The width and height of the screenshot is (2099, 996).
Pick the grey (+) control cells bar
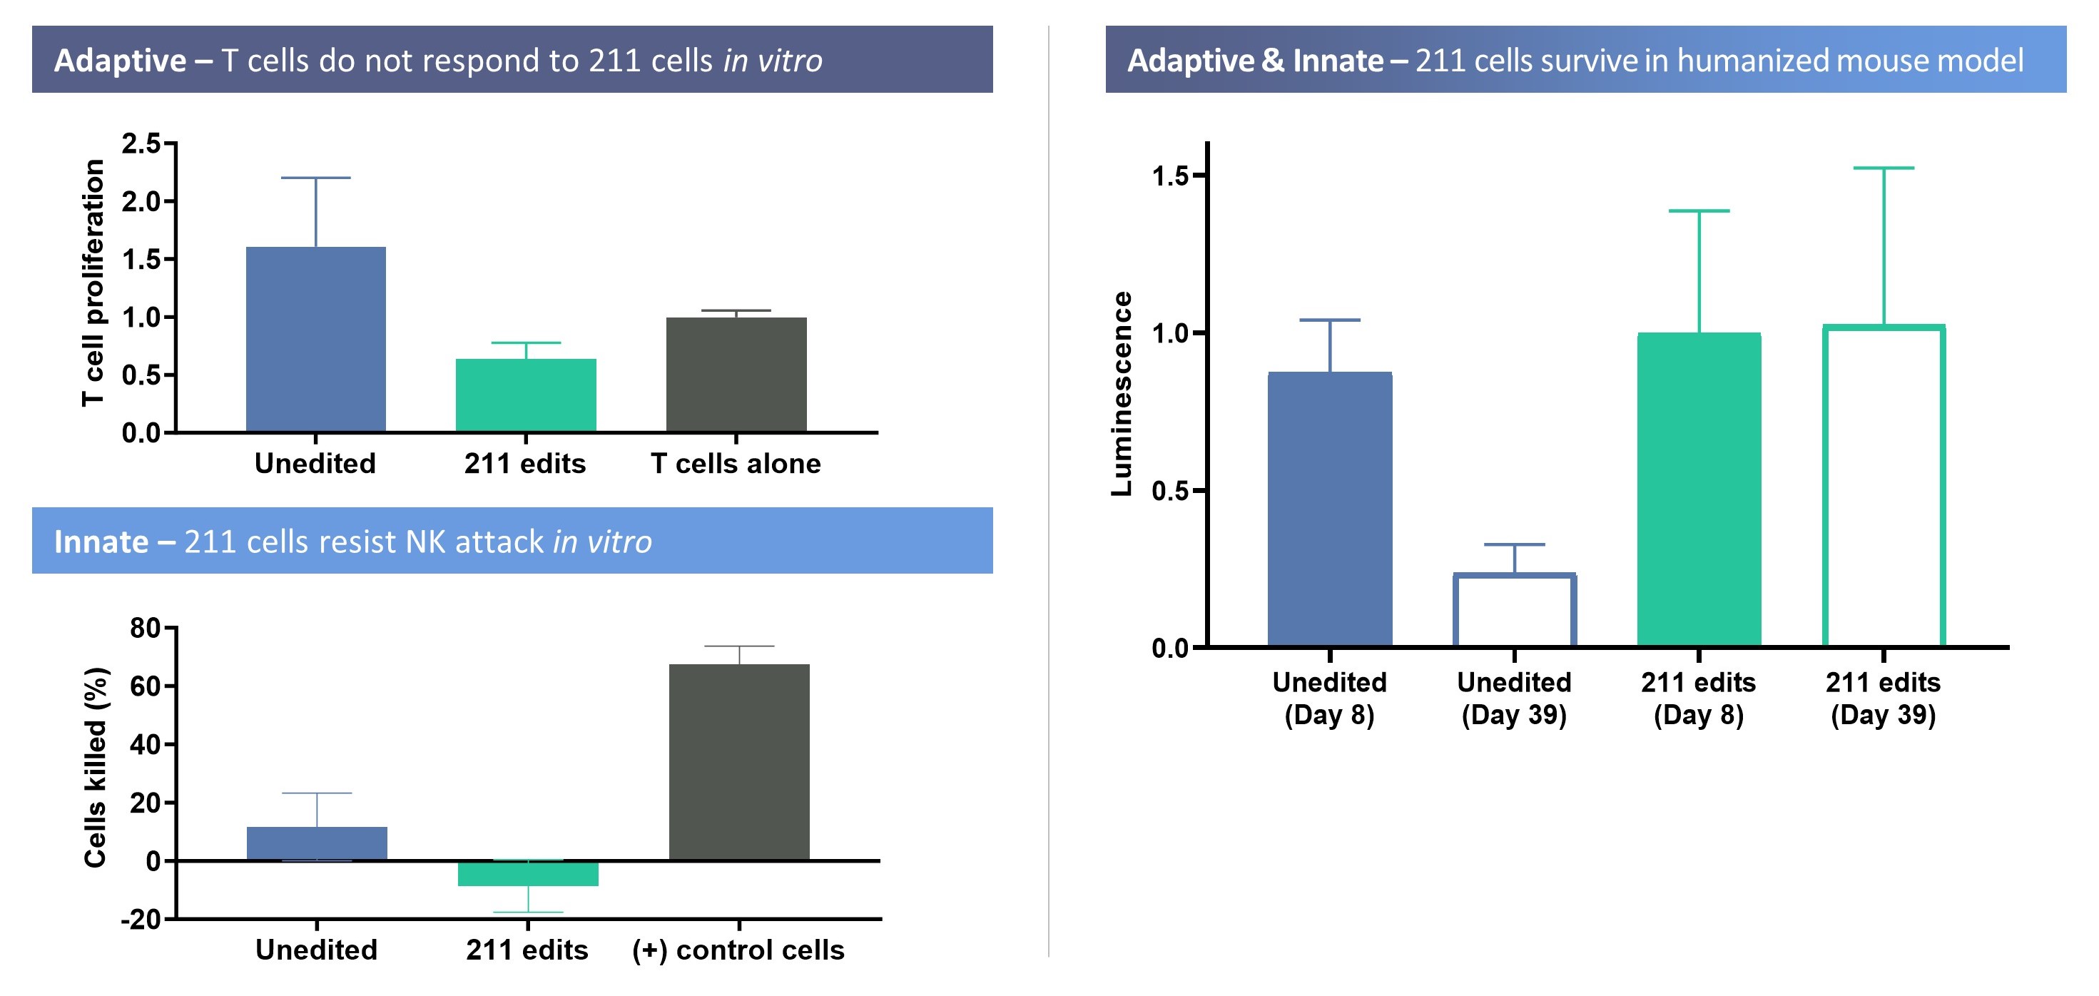pyautogui.click(x=739, y=761)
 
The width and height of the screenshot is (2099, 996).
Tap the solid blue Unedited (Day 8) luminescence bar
pyautogui.click(x=1330, y=509)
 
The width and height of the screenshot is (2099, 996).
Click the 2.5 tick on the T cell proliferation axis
pyautogui.click(x=142, y=144)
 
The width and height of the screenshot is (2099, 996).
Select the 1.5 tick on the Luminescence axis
pyautogui.click(x=1171, y=176)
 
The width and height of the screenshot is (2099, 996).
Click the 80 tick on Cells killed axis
pyautogui.click(x=145, y=629)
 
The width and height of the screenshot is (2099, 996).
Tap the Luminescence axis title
pyautogui.click(x=1122, y=394)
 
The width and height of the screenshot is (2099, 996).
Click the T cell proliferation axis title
pyautogui.click(x=93, y=283)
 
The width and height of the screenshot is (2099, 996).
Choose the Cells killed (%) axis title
pyautogui.click(x=96, y=767)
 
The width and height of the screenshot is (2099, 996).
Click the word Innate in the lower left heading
pyautogui.click(x=101, y=542)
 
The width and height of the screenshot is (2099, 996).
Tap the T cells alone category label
pyautogui.click(x=736, y=464)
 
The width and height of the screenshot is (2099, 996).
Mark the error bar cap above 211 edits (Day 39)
pyautogui.click(x=1883, y=168)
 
